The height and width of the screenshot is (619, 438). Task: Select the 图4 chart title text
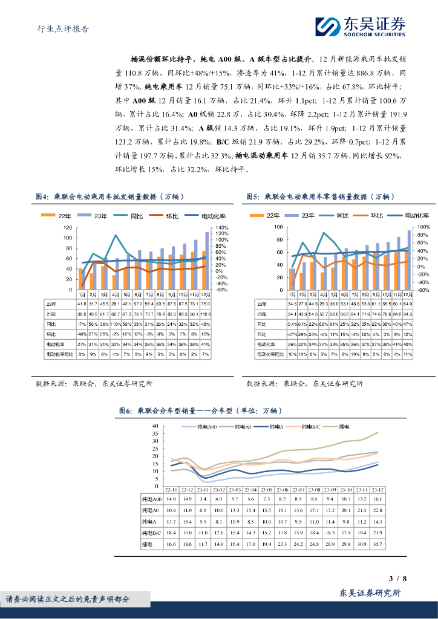pos(109,197)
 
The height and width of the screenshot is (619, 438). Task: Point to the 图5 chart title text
pos(320,197)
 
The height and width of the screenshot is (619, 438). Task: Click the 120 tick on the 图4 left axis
pos(67,228)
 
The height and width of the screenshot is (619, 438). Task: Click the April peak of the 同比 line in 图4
pos(114,235)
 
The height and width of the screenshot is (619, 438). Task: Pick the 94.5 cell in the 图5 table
pos(408,315)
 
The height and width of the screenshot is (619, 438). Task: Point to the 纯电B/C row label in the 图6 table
pos(152,533)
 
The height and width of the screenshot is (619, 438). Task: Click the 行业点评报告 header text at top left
pos(59,28)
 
